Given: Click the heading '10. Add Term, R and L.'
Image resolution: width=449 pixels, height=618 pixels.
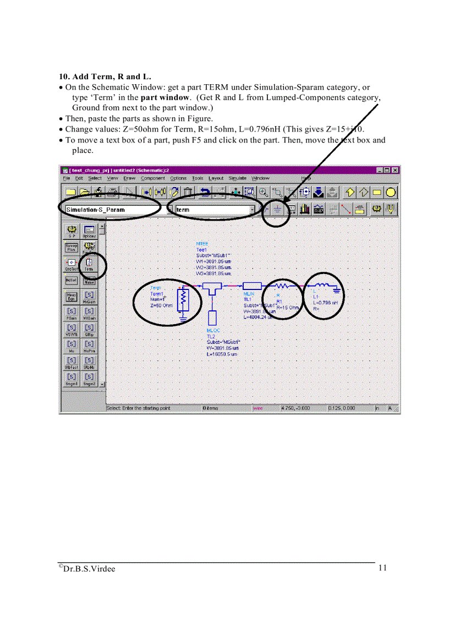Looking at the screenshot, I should tap(105, 76).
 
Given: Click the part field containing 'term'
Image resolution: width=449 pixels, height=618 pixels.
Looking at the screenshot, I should tap(212, 210).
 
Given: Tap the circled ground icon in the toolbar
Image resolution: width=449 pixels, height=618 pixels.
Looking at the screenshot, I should tap(277, 210).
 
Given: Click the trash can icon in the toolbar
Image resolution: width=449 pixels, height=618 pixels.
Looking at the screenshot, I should tap(188, 192).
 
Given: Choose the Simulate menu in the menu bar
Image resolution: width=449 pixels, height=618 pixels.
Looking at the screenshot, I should tap(237, 178).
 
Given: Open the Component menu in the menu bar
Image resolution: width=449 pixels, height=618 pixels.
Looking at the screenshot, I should tap(152, 178).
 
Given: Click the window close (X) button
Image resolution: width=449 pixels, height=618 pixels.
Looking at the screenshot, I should tap(395, 171).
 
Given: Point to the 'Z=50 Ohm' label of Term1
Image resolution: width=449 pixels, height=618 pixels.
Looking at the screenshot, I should tap(162, 305).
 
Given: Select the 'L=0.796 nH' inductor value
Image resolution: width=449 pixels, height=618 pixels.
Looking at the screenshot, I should tap(325, 303).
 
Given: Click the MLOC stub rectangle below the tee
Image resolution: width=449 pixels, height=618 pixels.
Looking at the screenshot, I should tap(212, 318).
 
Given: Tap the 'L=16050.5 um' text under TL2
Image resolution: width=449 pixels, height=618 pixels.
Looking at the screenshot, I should tap(223, 355).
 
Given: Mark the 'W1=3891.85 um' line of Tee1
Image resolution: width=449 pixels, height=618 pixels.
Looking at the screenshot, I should tap(214, 261).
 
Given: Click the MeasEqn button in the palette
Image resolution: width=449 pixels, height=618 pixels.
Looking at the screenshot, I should tap(72, 297).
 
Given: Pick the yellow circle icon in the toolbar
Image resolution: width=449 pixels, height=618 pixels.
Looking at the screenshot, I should tap(391, 192).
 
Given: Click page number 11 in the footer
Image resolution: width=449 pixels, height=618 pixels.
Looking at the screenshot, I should tap(382, 568).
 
